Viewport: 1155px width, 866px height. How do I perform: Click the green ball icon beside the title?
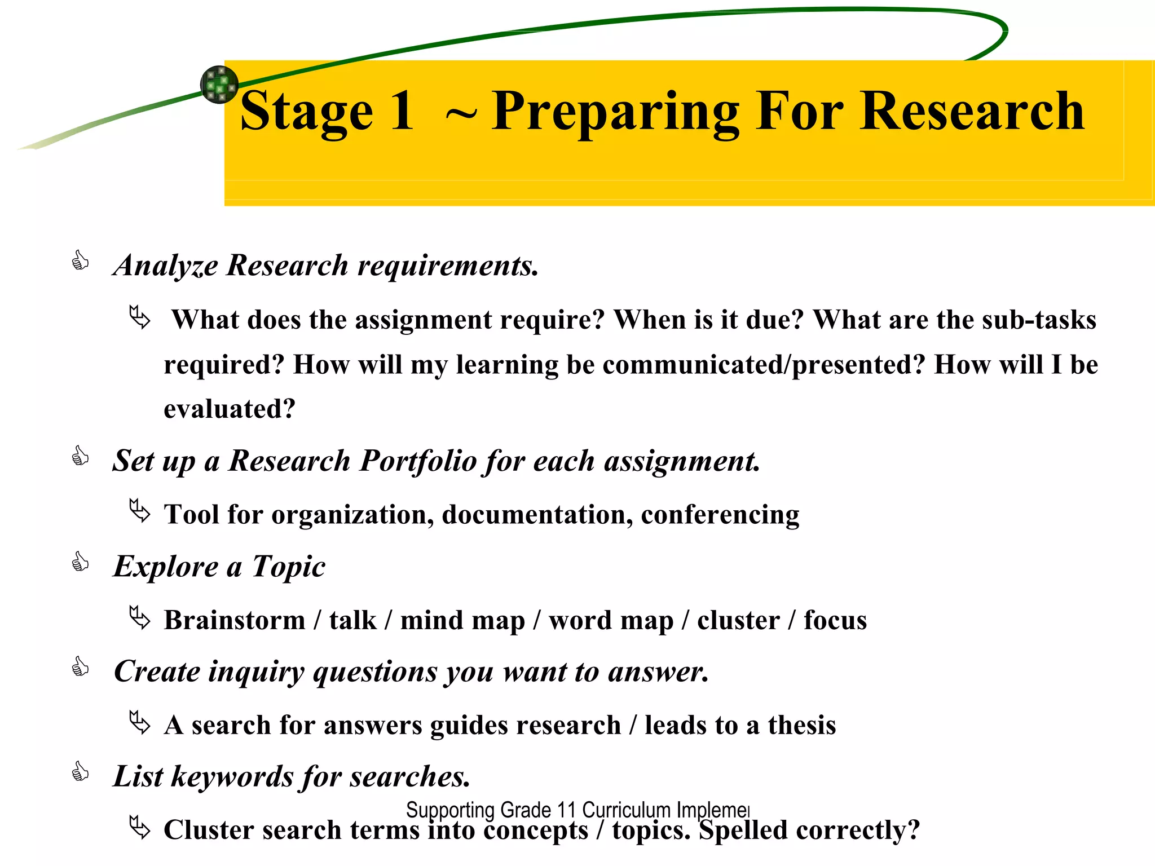(x=219, y=85)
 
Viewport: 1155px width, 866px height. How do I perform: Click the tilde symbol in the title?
(x=460, y=114)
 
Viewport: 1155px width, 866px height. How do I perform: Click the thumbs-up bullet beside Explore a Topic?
(x=80, y=562)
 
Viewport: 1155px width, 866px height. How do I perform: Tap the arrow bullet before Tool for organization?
(x=139, y=511)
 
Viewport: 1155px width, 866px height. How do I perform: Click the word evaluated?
(x=229, y=409)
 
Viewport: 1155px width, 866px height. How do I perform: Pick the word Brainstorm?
(x=235, y=620)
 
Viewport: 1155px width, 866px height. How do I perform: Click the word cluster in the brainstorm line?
(x=738, y=620)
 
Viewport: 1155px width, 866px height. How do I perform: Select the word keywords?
(x=231, y=777)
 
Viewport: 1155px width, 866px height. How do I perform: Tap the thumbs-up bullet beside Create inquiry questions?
(x=80, y=668)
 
